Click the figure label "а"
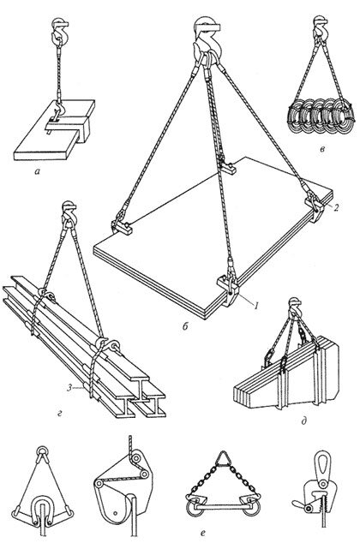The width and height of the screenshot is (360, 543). pos(38,170)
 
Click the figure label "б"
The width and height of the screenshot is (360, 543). pos(184,326)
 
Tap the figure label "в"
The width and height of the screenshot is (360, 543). pos(322,150)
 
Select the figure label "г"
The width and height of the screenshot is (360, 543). pos(60,413)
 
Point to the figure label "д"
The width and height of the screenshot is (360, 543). pos(303,421)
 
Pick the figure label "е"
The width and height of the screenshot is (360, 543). pos(203,533)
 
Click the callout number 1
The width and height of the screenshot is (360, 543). pos(256,306)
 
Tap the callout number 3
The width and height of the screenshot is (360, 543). pos(69,388)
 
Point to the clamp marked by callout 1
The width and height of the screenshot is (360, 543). pos(228,289)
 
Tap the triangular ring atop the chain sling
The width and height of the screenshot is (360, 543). pos(223,458)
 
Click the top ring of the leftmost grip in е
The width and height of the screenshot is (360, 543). pos(42,451)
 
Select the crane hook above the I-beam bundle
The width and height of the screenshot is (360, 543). pos(69,213)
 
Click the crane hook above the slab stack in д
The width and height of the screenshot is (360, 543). pos(295,306)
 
